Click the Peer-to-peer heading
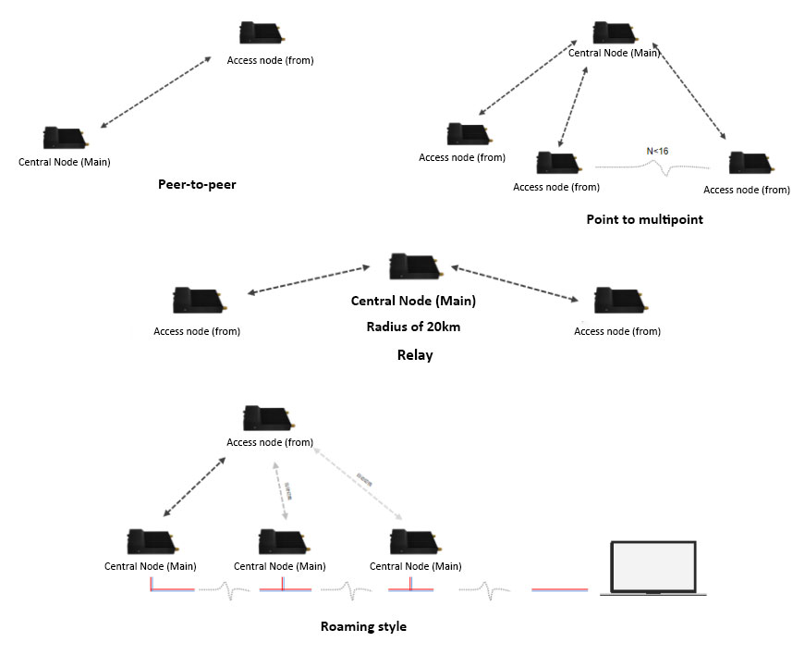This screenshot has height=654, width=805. (x=197, y=184)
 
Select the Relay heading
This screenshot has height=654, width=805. (x=415, y=354)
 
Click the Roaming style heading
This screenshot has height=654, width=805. (x=363, y=626)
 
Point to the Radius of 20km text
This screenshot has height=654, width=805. (x=413, y=327)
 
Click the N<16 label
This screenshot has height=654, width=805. (x=657, y=150)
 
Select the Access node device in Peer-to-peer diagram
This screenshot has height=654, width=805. (x=261, y=33)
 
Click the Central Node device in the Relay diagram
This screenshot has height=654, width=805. (x=413, y=266)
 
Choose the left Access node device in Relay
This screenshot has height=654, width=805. (x=197, y=301)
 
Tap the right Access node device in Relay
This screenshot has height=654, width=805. (x=616, y=301)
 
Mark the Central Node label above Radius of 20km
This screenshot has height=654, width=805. (x=413, y=301)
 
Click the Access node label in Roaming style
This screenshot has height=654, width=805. (x=270, y=442)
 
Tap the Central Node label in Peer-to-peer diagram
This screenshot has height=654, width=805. (x=65, y=162)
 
